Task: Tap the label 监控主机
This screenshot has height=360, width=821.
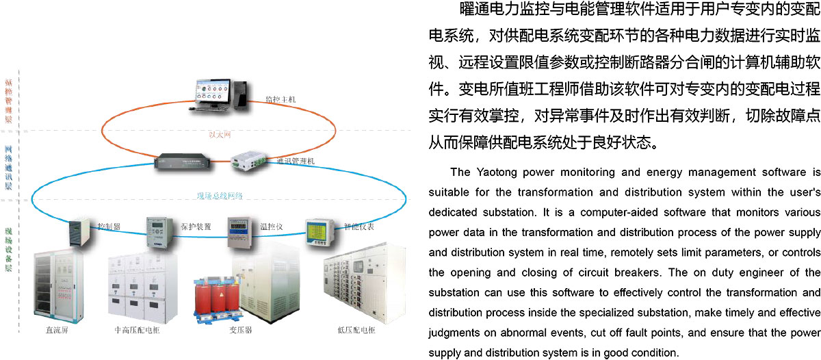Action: tap(281, 99)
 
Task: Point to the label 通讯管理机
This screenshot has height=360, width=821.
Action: tap(296, 162)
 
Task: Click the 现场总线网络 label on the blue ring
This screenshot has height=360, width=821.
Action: tap(219, 196)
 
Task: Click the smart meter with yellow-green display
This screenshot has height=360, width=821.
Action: tap(317, 233)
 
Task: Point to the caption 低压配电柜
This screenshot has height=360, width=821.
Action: tap(356, 330)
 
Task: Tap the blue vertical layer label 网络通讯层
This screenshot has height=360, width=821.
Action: tap(8, 167)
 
